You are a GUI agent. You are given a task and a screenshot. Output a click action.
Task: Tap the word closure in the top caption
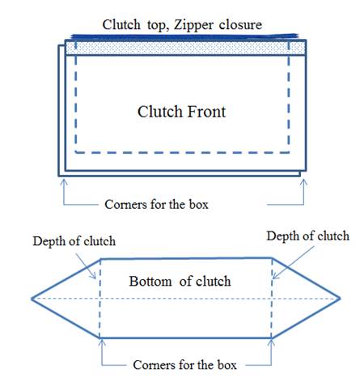[x=240, y=24]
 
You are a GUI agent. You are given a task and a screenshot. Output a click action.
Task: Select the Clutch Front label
[x=181, y=112]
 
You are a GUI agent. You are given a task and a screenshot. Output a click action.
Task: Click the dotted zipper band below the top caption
[x=185, y=48]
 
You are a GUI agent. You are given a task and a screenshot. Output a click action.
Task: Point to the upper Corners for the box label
[x=156, y=204]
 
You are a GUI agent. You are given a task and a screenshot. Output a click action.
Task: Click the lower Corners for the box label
[x=184, y=365]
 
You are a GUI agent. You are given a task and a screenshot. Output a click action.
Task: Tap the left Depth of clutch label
[x=74, y=241]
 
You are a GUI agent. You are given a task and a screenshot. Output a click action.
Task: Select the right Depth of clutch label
[x=308, y=236]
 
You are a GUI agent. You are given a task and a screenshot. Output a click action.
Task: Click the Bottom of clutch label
[x=180, y=281]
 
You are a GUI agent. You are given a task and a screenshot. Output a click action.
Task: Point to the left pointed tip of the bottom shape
[x=32, y=299]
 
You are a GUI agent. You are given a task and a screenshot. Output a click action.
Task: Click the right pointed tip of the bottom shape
[x=341, y=299]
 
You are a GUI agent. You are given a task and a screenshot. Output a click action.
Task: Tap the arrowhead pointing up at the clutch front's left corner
[x=64, y=182]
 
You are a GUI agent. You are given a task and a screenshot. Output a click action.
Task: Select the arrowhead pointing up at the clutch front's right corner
[x=303, y=182]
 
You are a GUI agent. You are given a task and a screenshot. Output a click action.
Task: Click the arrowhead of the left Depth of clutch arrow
[x=94, y=276]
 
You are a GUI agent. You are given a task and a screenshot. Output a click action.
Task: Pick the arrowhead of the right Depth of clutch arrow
[x=275, y=276]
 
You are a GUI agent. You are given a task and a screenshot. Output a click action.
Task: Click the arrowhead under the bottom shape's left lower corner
[x=102, y=342]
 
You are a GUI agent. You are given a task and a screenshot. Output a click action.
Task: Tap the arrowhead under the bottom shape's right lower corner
[x=271, y=342]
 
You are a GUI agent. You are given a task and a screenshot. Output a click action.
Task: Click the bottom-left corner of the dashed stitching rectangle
[x=76, y=152]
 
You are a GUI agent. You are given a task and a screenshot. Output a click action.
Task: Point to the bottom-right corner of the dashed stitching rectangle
[x=289, y=152]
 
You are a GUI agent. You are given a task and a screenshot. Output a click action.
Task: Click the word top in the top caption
[x=158, y=26]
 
